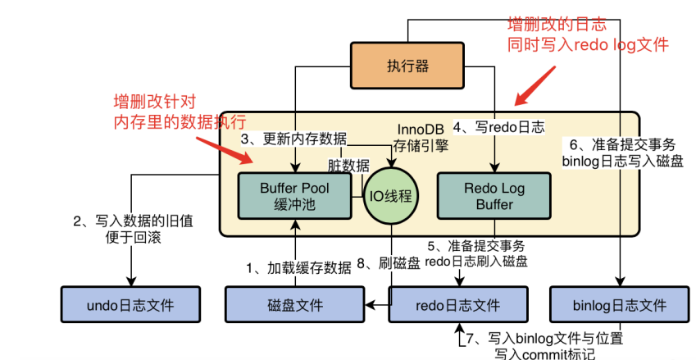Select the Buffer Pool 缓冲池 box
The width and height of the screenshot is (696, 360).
pos(294,195)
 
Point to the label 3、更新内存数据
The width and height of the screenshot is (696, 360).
pos(293,138)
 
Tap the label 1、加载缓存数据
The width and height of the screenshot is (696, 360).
pos(299,267)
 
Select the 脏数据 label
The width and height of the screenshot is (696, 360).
pos(347,163)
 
